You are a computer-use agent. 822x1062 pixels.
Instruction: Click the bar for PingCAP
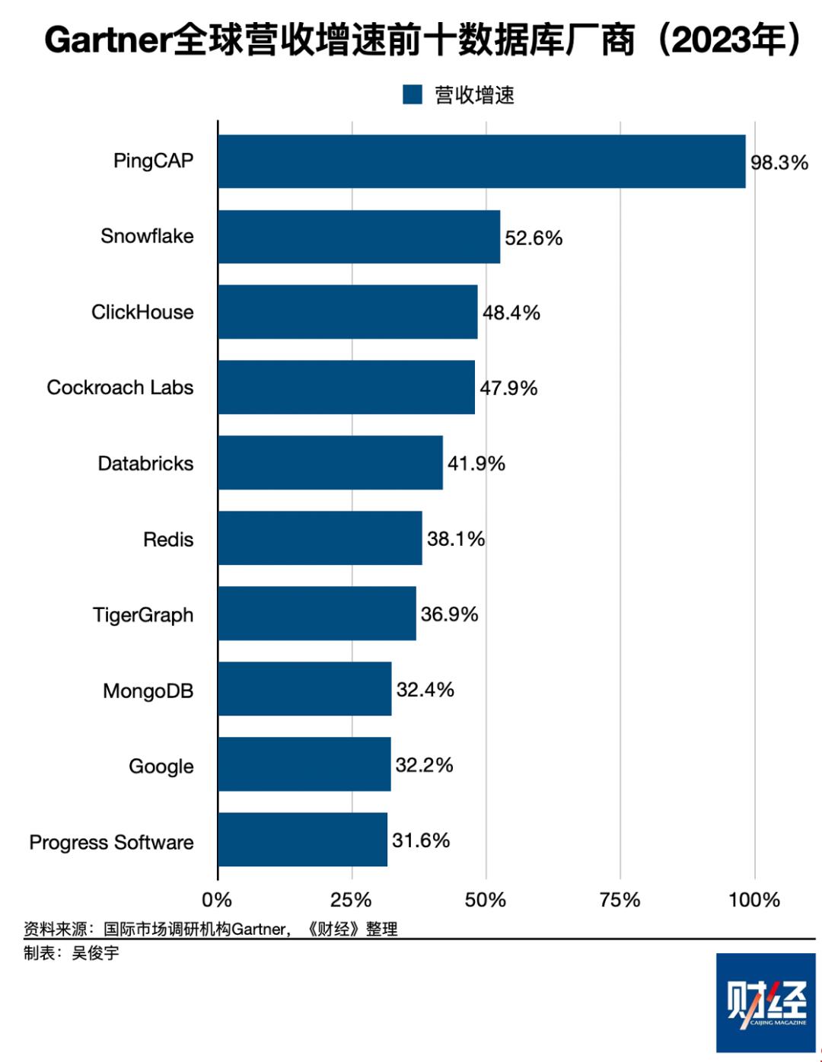481,161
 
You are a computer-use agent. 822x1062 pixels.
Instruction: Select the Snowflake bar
358,237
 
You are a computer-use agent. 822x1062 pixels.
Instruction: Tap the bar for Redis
320,538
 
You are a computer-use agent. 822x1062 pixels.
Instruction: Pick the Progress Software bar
302,840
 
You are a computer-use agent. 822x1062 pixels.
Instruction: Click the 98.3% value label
779,162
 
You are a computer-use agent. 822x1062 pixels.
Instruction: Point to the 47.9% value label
508,388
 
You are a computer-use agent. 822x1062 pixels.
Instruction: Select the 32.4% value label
425,690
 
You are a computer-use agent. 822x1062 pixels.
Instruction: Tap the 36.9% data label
449,614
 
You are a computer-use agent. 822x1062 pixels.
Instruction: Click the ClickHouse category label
142,312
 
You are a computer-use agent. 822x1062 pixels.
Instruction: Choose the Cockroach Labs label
120,387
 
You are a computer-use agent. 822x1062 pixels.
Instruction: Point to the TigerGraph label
143,615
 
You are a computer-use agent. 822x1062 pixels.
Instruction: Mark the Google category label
161,767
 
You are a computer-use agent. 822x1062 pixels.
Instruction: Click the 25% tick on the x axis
351,900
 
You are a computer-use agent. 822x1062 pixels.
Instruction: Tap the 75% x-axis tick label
620,900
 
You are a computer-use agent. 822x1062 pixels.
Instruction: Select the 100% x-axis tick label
753,900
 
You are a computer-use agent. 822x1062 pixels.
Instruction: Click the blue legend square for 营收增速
413,94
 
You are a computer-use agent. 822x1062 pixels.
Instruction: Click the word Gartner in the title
107,40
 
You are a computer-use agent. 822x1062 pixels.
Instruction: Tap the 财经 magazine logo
765,1002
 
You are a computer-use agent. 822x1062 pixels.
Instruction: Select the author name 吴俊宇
95,953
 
